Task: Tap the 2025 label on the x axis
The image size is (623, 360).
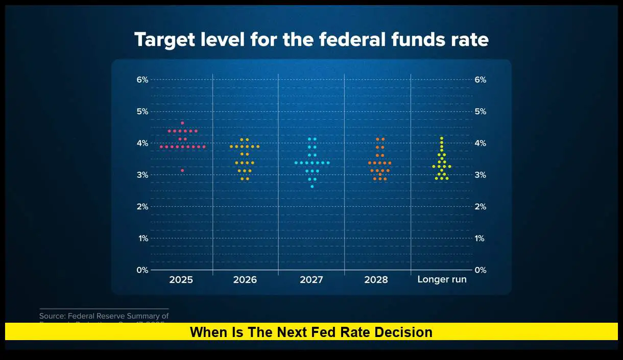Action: click(x=181, y=280)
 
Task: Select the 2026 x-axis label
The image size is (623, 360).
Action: click(x=245, y=280)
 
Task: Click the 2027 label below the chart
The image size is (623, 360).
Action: click(x=311, y=280)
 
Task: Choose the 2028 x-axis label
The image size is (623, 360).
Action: click(x=376, y=280)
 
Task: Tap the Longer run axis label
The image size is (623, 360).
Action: click(x=442, y=280)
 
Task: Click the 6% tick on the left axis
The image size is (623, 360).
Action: click(x=142, y=80)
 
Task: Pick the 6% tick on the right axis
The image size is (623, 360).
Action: click(x=480, y=80)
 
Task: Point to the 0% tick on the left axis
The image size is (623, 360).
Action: click(x=142, y=270)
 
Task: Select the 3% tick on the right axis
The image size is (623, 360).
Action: click(x=480, y=175)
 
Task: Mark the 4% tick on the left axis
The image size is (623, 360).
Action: click(x=142, y=143)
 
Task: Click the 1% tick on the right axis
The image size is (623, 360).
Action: click(x=480, y=238)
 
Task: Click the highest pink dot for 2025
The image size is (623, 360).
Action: click(x=182, y=123)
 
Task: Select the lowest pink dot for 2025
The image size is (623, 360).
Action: click(x=182, y=170)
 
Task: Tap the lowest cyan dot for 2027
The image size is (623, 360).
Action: click(x=312, y=186)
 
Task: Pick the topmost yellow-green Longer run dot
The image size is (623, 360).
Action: click(x=442, y=138)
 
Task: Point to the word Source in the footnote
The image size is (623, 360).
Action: click(x=53, y=316)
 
